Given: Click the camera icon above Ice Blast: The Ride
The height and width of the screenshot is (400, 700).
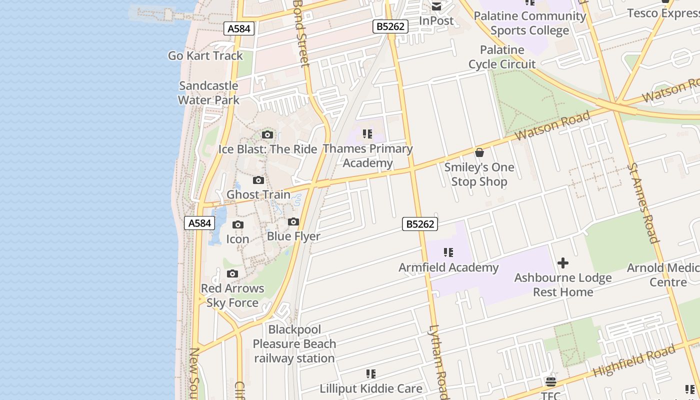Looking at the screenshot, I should [x=267, y=134].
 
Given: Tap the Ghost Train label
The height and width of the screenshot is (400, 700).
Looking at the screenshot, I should [x=258, y=194].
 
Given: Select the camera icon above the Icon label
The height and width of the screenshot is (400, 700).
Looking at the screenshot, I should [x=238, y=225].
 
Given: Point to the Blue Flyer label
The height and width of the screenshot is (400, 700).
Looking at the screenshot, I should [x=293, y=236].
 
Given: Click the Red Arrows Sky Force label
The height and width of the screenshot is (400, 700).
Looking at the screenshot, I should [x=232, y=295].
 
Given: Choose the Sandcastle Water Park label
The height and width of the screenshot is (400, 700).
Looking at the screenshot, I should [x=208, y=92].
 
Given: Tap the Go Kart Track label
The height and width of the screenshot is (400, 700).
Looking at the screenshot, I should [x=205, y=55].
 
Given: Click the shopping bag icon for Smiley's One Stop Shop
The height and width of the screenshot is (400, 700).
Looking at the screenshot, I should [x=479, y=152].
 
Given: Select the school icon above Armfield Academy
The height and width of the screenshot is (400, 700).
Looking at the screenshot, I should [x=448, y=253].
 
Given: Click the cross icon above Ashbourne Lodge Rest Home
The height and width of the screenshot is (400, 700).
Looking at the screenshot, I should [x=563, y=263].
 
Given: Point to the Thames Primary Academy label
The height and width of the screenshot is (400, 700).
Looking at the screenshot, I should [x=367, y=155].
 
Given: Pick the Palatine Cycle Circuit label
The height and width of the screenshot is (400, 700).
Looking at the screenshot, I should [x=502, y=57].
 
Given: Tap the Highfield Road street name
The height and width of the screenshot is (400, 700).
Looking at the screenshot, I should [x=634, y=362].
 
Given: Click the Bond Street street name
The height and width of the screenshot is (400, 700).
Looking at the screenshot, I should [x=301, y=33].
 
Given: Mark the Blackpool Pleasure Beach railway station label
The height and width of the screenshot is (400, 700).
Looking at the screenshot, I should [x=294, y=344].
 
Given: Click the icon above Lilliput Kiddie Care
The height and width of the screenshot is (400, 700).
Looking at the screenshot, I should [x=370, y=374].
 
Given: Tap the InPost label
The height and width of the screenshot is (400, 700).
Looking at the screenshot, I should [x=436, y=21].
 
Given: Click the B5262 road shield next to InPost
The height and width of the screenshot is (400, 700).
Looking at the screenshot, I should [x=390, y=26].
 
